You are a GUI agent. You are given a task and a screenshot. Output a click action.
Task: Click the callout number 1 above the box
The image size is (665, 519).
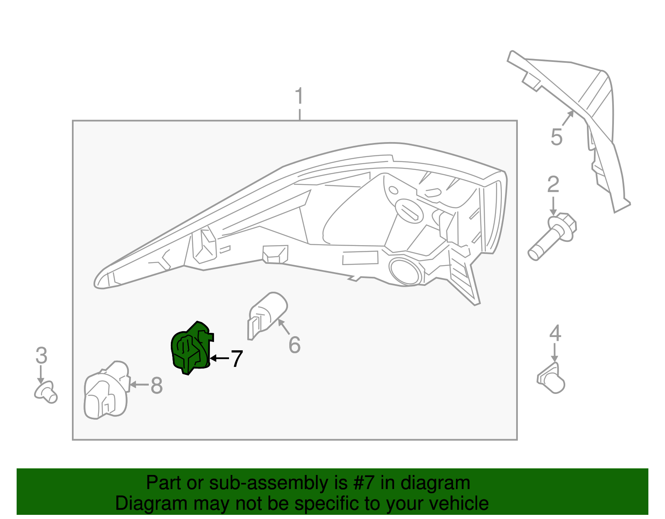[x=299, y=97]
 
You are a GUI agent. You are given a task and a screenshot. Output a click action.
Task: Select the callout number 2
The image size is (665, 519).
[x=553, y=185]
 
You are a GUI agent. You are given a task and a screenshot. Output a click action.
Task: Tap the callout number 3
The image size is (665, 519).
[x=41, y=356]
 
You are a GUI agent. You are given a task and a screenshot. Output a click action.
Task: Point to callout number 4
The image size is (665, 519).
[x=555, y=334]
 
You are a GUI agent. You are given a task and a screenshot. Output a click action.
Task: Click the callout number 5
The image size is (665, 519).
[x=557, y=137]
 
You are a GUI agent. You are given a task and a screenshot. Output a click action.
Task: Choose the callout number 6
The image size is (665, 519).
[x=295, y=345]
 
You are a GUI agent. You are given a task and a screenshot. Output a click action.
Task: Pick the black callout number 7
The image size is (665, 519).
[x=236, y=359]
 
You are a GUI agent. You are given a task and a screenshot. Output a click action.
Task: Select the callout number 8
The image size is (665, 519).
[x=157, y=386]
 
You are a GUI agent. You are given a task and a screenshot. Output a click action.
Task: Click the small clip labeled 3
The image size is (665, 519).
[x=46, y=392]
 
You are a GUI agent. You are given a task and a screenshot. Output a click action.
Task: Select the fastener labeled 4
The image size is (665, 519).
[x=552, y=378]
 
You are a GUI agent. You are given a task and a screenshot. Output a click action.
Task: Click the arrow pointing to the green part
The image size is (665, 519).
[x=219, y=358]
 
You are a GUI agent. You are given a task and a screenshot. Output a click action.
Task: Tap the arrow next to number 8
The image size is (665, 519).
[x=139, y=385]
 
